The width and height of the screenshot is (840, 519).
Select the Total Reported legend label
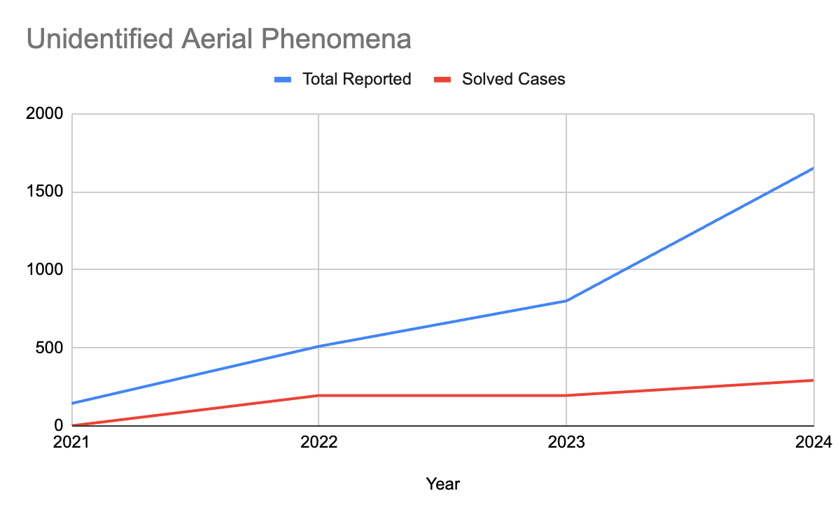(x=356, y=79)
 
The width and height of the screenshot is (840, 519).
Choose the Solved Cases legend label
(x=513, y=79)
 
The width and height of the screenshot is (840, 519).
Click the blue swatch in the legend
(x=283, y=80)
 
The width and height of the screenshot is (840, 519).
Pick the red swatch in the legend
(x=443, y=80)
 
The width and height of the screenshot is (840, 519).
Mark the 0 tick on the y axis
(x=59, y=425)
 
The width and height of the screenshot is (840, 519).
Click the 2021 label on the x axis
(x=71, y=443)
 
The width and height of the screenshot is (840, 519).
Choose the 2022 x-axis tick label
(x=318, y=443)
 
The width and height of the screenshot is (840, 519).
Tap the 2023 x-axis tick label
(x=566, y=443)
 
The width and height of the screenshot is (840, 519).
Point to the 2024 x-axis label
(x=813, y=443)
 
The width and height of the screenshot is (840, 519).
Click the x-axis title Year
(x=442, y=483)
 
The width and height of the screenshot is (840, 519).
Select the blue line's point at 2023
(x=566, y=301)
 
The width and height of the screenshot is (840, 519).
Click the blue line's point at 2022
(x=318, y=346)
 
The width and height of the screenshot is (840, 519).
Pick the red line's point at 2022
(x=318, y=396)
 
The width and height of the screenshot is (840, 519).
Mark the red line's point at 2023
(x=566, y=396)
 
